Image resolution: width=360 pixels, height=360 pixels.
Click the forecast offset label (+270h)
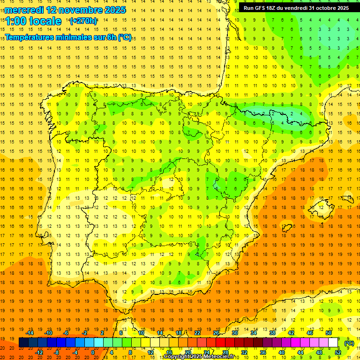tap(83, 21)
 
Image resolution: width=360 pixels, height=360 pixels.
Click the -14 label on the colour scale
tap(30, 333)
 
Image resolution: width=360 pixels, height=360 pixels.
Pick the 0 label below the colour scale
tap(93, 352)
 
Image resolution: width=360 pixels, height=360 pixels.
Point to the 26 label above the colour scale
tap(216, 333)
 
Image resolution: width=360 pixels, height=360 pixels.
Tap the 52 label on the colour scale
tap(338, 352)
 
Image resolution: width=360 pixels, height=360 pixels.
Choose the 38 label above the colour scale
tap(272, 333)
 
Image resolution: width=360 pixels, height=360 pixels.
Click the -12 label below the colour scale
tap(39, 352)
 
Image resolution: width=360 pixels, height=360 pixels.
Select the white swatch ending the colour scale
tap(333, 343)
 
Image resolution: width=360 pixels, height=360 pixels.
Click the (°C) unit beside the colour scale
tap(349, 343)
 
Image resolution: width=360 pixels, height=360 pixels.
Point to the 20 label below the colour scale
tap(187, 352)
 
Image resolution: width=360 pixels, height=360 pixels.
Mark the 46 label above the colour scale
tap(310, 333)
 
